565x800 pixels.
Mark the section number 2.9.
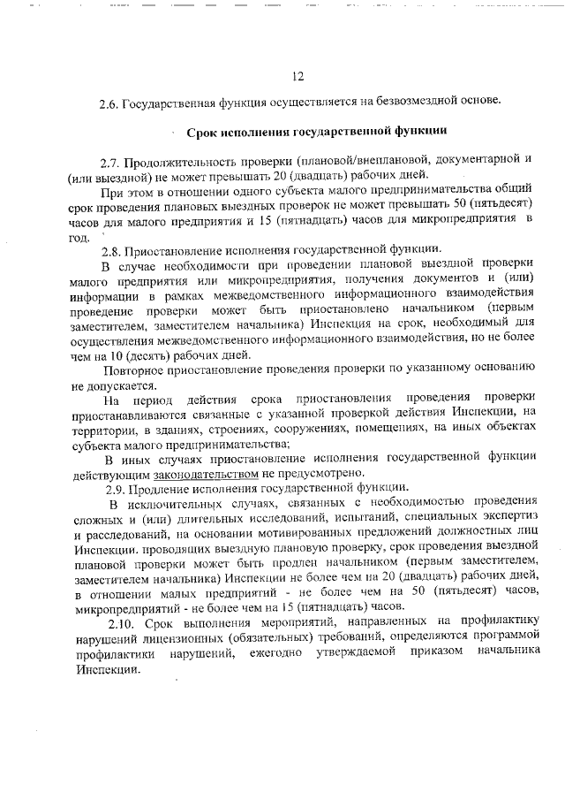click(x=115, y=489)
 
